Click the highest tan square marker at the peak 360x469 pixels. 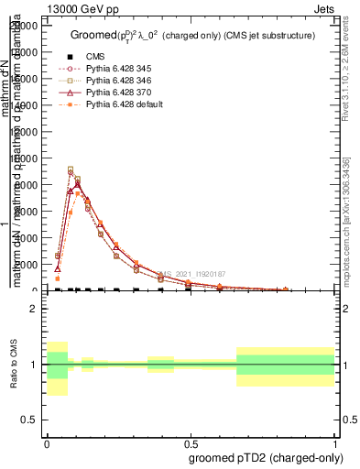click(71, 169)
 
